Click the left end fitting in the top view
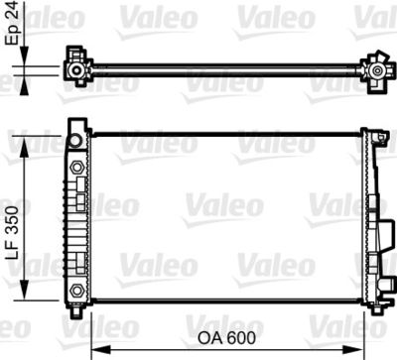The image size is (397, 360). coord(76,68)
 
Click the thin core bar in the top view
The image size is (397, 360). coord(223,68)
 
